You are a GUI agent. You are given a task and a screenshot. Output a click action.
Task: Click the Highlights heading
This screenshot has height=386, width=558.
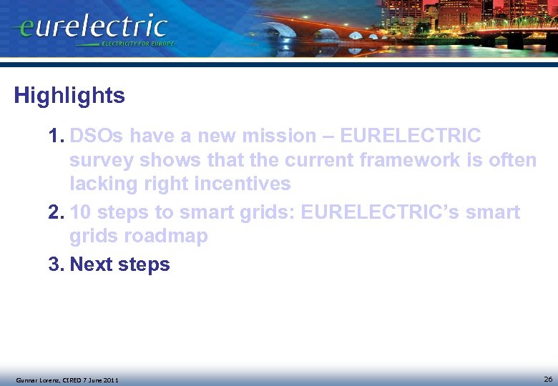pyautogui.click(x=69, y=96)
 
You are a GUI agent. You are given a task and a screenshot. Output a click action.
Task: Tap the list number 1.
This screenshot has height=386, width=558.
pyautogui.click(x=56, y=136)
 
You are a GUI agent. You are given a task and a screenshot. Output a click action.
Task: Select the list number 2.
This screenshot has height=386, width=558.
pyautogui.click(x=56, y=212)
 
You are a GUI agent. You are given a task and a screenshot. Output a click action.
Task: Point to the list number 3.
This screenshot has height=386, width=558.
pyautogui.click(x=56, y=264)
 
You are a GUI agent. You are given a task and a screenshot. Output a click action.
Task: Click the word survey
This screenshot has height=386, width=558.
pyautogui.click(x=101, y=160)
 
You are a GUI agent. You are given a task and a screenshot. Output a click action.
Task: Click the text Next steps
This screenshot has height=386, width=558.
pyautogui.click(x=119, y=264)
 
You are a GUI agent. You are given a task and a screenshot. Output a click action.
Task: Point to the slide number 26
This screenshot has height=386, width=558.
pyautogui.click(x=547, y=378)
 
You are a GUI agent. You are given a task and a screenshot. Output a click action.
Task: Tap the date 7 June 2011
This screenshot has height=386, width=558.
pyautogui.click(x=99, y=380)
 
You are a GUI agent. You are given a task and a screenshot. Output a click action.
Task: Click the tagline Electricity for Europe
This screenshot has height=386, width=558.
pyautogui.click(x=137, y=44)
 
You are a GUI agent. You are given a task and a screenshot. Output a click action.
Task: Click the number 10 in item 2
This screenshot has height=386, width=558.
pyautogui.click(x=81, y=212)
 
